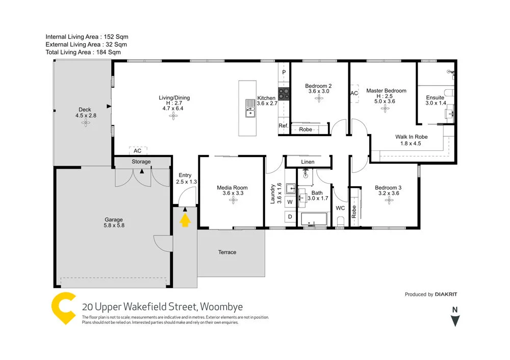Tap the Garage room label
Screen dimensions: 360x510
pos(114,223)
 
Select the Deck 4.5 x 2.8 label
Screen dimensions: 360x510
pos(85,113)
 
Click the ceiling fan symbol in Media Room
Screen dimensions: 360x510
pos(233,200)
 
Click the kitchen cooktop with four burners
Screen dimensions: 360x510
pos(284,94)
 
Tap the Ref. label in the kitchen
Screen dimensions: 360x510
pos(284,126)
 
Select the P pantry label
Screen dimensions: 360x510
pos(284,73)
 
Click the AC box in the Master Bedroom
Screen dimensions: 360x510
pos(354,93)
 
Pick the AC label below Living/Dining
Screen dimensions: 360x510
pos(137,151)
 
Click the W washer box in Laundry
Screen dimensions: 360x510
pos(290,202)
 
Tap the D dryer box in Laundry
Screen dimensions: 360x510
pos(290,217)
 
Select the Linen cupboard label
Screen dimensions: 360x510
pos(308,162)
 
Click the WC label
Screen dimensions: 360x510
pos(340,208)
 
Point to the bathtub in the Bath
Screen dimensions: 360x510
pos(314,220)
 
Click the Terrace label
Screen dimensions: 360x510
pos(227,252)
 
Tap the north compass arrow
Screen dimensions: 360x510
pos(455,321)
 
